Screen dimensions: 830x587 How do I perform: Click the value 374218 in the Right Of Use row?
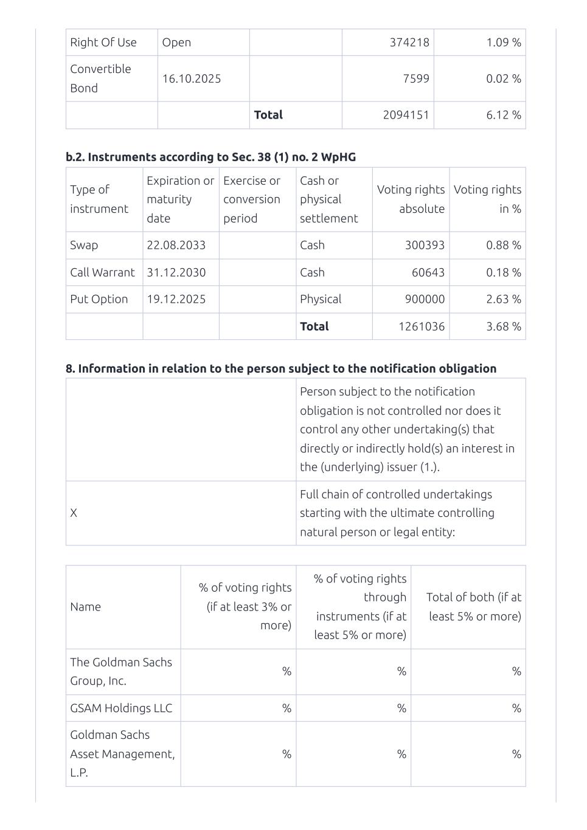point(409,43)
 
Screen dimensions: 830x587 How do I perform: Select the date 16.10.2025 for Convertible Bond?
point(191,78)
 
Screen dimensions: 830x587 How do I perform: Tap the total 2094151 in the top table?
point(406,115)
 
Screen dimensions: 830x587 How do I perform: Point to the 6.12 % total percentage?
point(503,115)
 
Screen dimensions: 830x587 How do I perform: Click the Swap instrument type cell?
point(84,245)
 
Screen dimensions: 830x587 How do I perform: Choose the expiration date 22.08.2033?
point(176,245)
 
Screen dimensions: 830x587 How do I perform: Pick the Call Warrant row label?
point(102,272)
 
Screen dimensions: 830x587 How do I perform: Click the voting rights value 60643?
point(428,272)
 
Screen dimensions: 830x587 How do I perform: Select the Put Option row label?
point(99,299)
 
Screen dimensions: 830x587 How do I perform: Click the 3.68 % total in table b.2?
point(503,327)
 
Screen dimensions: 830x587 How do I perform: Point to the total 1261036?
point(422,327)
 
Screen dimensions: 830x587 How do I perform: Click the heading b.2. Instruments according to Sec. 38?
point(210,157)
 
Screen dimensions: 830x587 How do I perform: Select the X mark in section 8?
point(74,513)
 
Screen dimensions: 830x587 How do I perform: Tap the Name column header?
point(85,607)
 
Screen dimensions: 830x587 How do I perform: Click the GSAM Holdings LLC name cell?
point(121,708)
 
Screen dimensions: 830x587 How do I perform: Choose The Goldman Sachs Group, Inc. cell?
point(121,671)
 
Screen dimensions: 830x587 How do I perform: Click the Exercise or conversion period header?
point(252,199)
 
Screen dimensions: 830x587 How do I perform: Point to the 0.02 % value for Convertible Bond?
point(503,78)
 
